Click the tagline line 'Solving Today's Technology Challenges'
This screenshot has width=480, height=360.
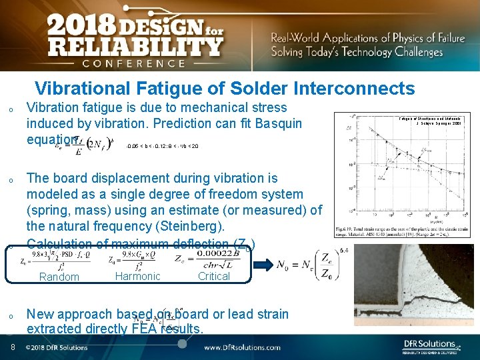[x=357, y=52]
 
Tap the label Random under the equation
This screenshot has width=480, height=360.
[x=59, y=277]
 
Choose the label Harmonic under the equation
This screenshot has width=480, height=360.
[x=137, y=276]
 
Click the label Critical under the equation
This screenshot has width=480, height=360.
[x=213, y=276]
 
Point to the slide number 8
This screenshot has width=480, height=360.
[x=13, y=347]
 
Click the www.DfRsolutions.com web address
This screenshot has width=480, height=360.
[x=242, y=347]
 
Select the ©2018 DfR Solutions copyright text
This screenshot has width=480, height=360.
[x=57, y=347]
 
